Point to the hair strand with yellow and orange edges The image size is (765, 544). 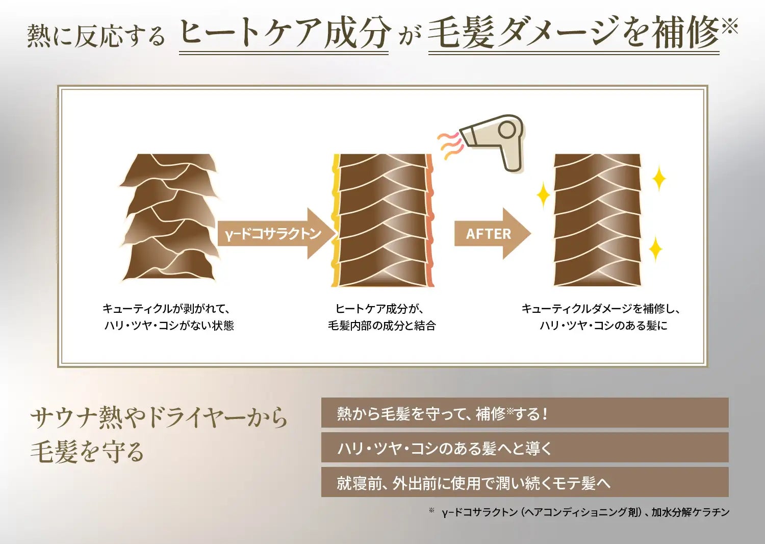(x=382, y=220)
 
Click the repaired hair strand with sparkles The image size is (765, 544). (x=597, y=220)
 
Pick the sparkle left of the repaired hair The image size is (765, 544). (x=543, y=196)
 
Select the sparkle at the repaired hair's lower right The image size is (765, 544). (x=655, y=249)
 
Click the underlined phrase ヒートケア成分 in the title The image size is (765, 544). (x=284, y=34)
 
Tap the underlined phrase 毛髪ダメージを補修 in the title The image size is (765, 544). (x=573, y=34)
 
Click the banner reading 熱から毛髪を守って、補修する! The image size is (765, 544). (x=524, y=413)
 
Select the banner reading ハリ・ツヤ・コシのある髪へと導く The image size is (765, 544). (x=524, y=448)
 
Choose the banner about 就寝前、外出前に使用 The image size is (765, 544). (x=524, y=483)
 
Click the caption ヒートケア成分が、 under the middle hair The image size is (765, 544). (x=380, y=309)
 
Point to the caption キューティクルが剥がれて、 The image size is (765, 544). (x=167, y=309)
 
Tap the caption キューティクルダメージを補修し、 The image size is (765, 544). (x=601, y=309)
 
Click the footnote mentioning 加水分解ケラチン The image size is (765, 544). (x=585, y=512)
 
